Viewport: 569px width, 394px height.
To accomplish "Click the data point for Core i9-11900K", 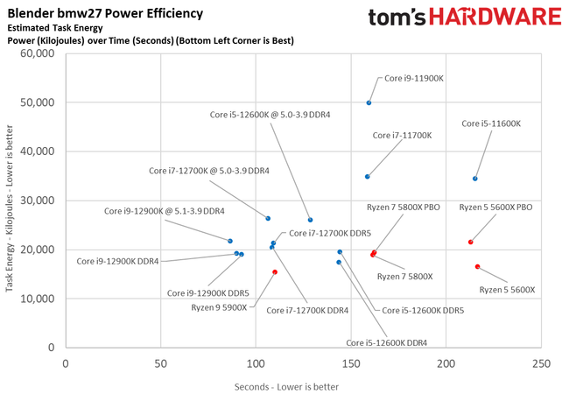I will coord(369,102).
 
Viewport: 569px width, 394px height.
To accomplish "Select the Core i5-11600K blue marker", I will coord(475,179).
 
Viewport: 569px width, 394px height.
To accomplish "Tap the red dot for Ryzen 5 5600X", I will coord(477,266).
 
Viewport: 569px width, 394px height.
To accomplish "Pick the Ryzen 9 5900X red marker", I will coord(275,272).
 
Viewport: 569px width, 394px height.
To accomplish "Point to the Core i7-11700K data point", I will coord(367,177).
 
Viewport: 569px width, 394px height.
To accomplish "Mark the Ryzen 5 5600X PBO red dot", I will coord(471,243).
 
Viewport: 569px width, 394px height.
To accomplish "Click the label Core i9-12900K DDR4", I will coord(117,261).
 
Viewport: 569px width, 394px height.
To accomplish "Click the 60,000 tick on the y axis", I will coord(37,53).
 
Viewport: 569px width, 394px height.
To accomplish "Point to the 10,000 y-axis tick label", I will coord(37,299).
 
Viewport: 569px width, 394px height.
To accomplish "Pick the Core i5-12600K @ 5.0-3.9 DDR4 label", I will coord(267,114).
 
